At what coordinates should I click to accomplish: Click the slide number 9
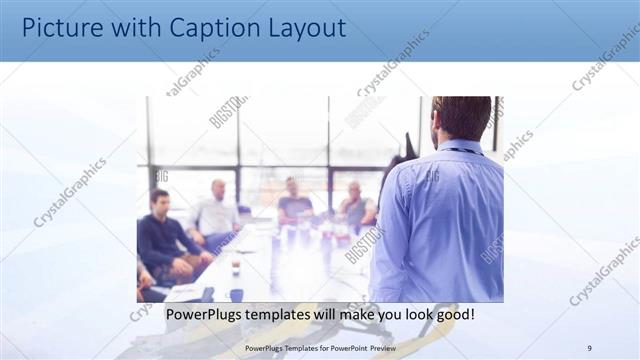pos(589,347)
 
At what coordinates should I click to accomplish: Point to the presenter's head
pos(461,118)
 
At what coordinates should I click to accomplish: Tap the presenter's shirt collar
pos(460,149)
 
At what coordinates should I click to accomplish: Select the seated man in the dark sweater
pos(165,240)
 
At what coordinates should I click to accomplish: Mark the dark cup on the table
pos(236,294)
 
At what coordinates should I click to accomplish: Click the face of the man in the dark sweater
pos(160,201)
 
